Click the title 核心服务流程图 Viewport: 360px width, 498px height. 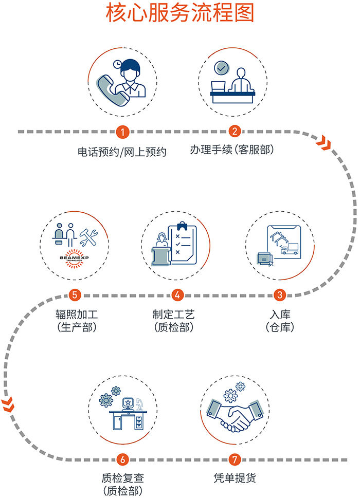tap(180, 14)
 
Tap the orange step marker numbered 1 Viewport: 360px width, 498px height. tap(121, 132)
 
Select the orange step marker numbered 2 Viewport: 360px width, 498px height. tap(235, 132)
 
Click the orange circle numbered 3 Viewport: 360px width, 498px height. tap(280, 295)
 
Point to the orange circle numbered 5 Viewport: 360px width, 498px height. tap(75, 295)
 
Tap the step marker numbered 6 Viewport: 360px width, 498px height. tap(122, 459)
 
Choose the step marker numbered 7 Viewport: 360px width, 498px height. tap(235, 459)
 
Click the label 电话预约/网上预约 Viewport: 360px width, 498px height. tap(122, 152)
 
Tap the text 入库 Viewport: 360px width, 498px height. tap(280, 313)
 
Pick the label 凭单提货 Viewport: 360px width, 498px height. tap(235, 477)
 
